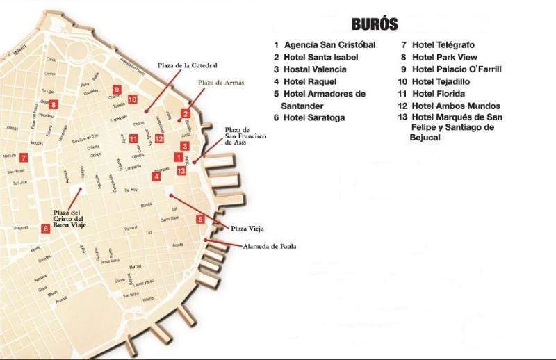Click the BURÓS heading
(x=375, y=24)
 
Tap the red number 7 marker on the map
(x=24, y=157)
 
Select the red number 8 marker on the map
(x=54, y=105)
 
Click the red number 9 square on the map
(x=117, y=89)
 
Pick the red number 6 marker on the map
(x=45, y=227)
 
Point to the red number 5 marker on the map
(x=200, y=220)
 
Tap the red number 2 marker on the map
(x=185, y=113)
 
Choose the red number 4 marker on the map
(x=157, y=177)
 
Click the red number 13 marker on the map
(x=181, y=170)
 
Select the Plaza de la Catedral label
(x=187, y=65)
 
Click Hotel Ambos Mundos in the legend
(x=449, y=106)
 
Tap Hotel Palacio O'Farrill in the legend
(x=457, y=69)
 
